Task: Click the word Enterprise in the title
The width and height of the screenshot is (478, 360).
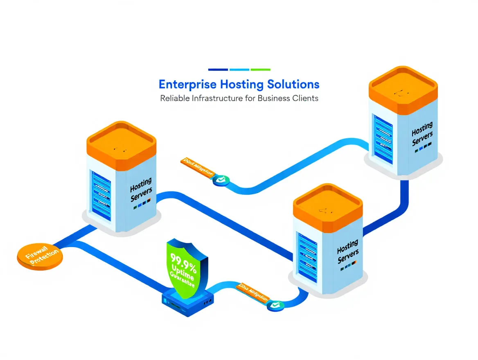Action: click(187, 85)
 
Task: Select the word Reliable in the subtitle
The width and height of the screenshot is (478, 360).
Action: click(175, 98)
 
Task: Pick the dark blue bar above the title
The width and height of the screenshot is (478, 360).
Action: click(218, 70)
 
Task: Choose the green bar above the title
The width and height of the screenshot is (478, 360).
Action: click(260, 70)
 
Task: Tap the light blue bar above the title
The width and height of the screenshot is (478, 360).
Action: click(239, 70)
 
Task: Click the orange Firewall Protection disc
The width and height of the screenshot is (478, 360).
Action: click(39, 257)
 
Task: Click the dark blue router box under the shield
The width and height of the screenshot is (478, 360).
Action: click(188, 303)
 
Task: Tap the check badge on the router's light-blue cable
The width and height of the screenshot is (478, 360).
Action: click(274, 305)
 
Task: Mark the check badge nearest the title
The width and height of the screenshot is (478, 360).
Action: click(221, 180)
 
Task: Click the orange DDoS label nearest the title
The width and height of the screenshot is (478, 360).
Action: click(197, 166)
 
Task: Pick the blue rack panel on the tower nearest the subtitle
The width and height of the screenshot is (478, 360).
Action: click(383, 139)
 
